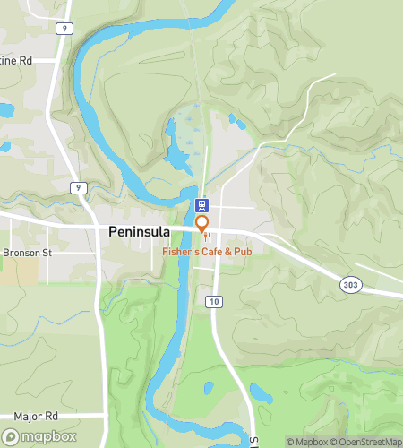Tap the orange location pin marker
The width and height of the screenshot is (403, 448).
coord(202,224)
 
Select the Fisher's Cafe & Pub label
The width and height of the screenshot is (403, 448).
coord(208,253)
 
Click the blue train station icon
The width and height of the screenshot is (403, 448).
coord(202,205)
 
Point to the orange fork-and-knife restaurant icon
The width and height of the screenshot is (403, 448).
coord(232,238)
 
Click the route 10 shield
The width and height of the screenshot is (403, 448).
coord(213,301)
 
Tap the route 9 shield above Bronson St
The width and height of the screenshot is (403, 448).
coord(80,187)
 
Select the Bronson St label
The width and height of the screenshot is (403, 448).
coord(29,253)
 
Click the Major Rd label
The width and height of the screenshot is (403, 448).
coord(36,417)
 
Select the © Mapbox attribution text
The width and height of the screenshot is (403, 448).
coord(307,441)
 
